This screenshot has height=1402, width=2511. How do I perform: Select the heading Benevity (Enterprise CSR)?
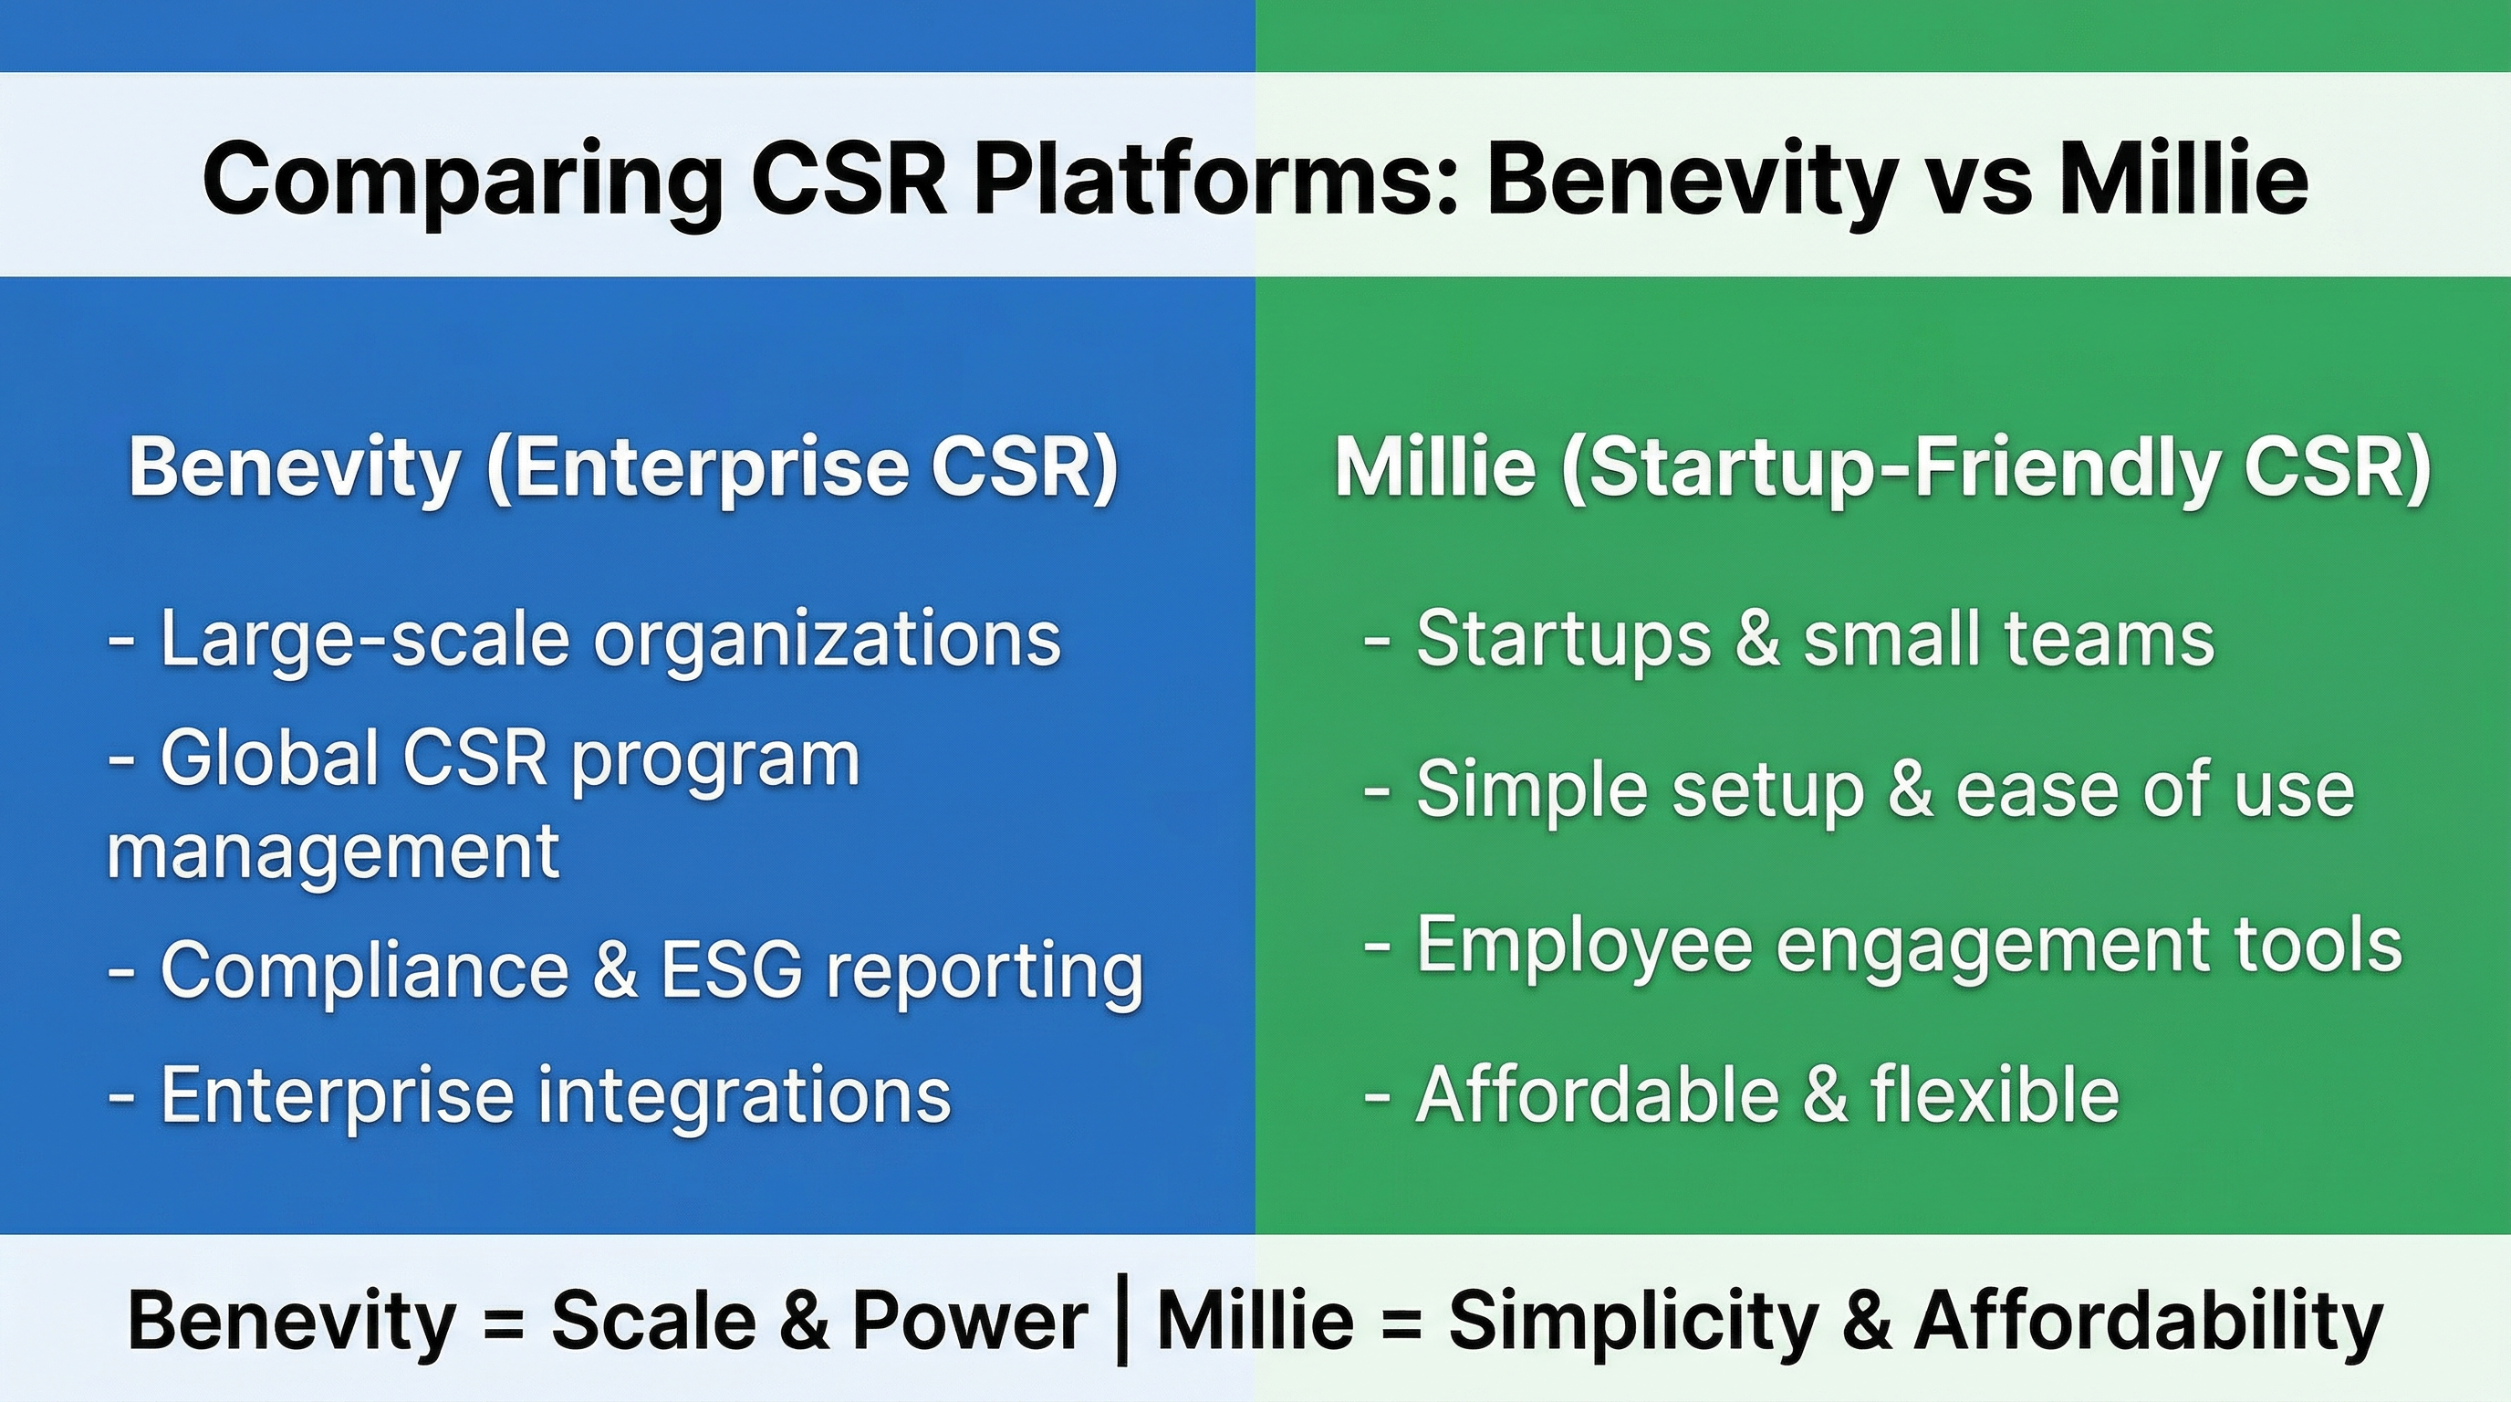point(624,467)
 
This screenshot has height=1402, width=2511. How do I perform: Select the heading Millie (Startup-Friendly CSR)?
point(1882,467)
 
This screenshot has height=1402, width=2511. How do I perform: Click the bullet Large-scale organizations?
point(585,640)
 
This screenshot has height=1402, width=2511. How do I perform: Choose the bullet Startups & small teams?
point(1788,640)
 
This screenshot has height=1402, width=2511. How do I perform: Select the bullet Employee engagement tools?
point(1882,945)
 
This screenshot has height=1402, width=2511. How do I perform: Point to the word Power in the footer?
point(970,1321)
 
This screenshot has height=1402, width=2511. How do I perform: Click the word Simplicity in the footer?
point(1632,1321)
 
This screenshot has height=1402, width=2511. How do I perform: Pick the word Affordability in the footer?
point(2150,1321)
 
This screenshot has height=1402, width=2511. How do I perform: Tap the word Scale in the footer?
point(653,1321)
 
